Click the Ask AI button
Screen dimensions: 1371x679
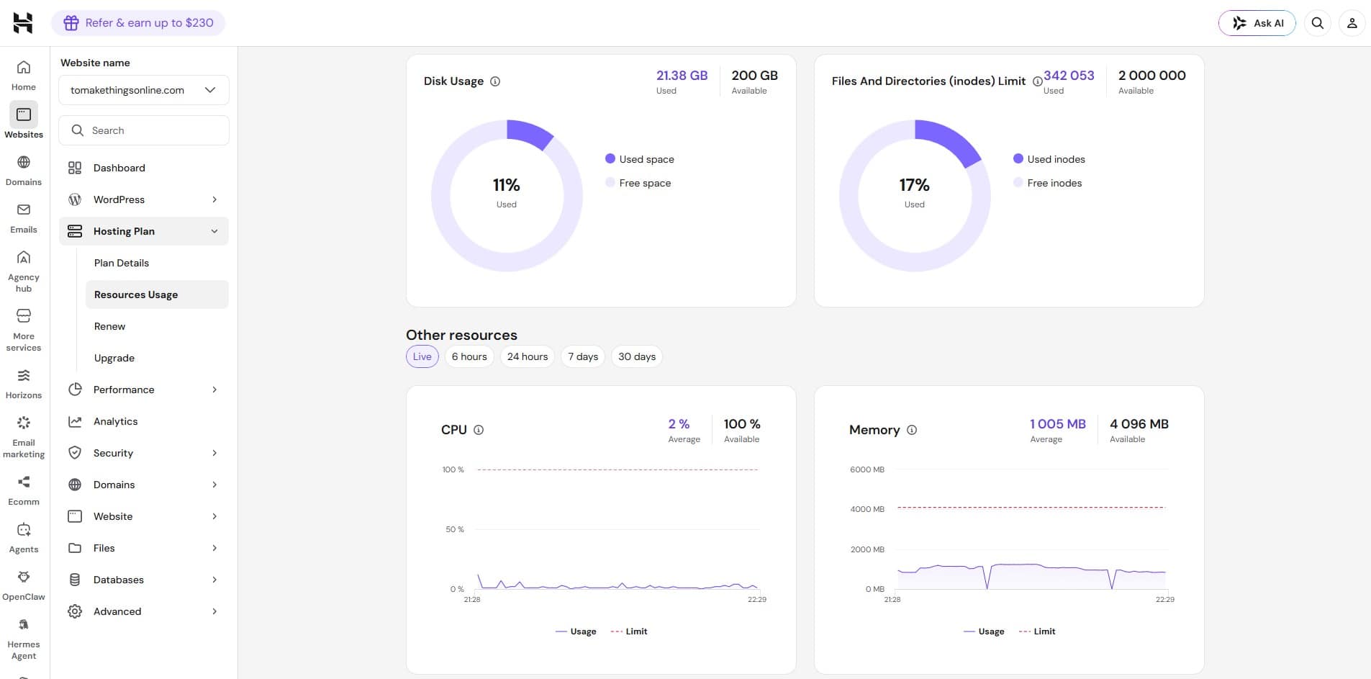1257,23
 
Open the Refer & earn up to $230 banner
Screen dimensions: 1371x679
138,23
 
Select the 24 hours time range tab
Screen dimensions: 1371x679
528,356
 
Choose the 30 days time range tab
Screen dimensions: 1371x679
637,356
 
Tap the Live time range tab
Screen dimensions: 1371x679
422,356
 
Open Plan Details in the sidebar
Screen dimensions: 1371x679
122,263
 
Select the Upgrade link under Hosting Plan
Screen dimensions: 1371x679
114,358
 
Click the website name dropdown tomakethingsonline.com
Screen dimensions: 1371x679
144,90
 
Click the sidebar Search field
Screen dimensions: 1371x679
144,130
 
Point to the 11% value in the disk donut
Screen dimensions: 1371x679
507,185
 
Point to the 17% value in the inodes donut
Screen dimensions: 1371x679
915,185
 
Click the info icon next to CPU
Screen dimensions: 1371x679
479,430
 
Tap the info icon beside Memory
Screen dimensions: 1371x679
912,430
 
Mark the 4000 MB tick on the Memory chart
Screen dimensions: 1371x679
867,509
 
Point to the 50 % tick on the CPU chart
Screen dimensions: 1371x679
455,529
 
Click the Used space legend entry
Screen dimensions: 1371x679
640,159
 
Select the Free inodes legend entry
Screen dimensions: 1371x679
1048,183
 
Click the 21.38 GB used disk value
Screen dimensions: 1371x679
682,76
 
